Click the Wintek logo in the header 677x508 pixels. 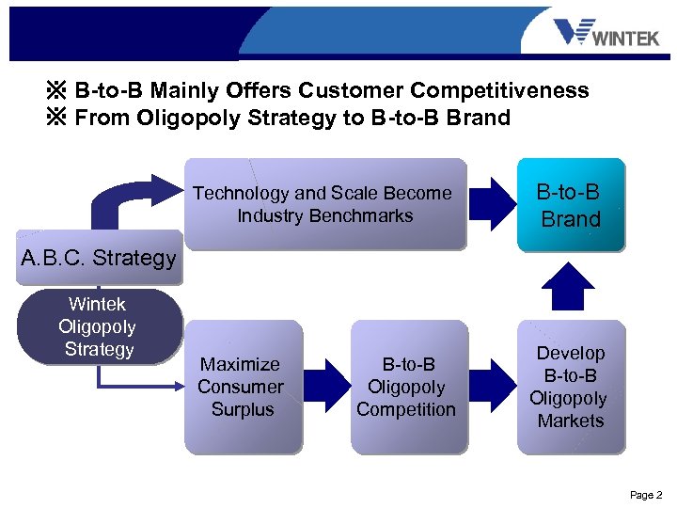[606, 34]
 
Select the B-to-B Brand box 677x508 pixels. [570, 205]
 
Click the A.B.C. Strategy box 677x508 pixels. [99, 257]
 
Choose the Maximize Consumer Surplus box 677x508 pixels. [242, 387]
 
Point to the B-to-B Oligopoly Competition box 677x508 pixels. [406, 387]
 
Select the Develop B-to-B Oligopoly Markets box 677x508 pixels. [570, 387]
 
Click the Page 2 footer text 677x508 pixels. [646, 495]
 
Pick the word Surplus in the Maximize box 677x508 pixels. [243, 409]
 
